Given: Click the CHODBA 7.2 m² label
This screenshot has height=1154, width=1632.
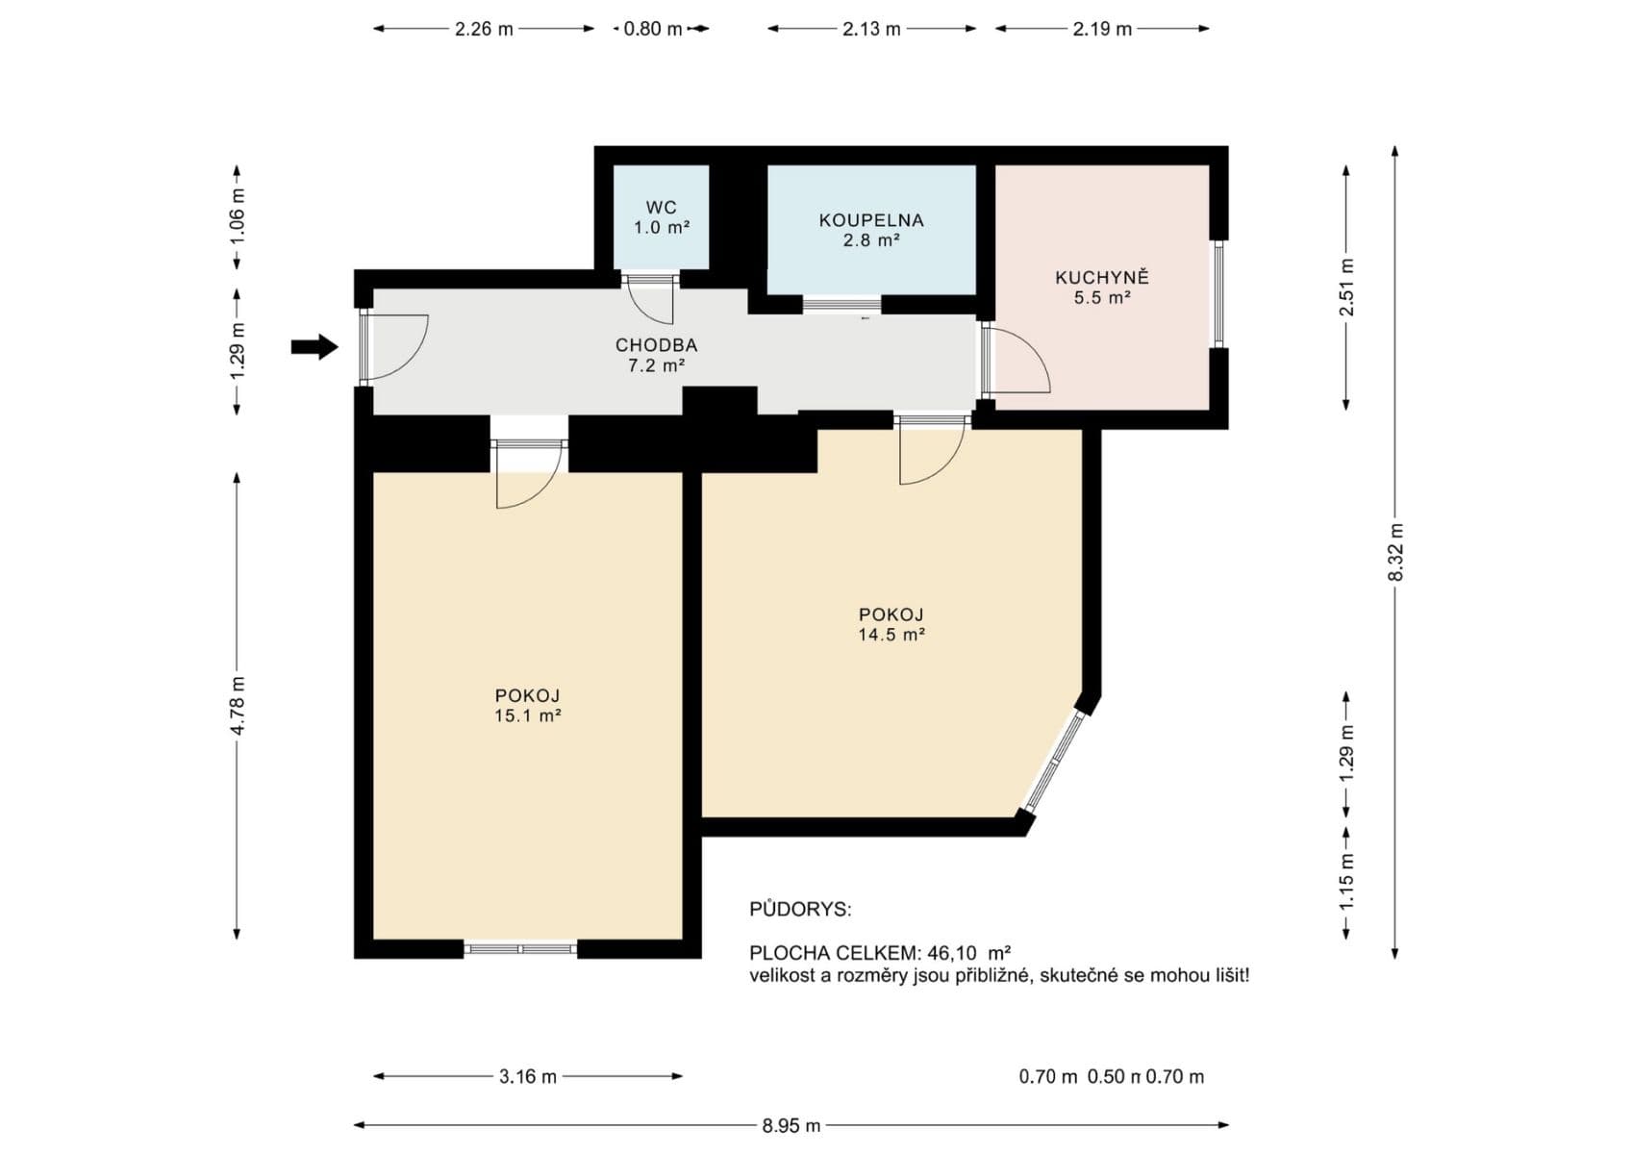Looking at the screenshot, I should [656, 355].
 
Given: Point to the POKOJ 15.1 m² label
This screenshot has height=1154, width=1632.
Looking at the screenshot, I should [527, 705].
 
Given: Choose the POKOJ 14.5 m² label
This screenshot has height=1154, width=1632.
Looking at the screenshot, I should [891, 624].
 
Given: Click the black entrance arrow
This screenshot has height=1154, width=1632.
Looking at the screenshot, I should [314, 346].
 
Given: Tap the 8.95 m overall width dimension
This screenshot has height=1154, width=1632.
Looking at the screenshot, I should [791, 1125].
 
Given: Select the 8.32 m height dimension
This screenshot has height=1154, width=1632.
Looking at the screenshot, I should [1395, 552].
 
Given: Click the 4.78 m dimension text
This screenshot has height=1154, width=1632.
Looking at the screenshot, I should [238, 705].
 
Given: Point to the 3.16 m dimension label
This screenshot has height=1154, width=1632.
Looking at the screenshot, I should [527, 1076].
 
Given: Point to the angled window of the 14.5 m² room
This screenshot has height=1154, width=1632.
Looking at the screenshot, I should [1056, 760].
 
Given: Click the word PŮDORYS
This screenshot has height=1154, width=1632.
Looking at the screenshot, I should [800, 910].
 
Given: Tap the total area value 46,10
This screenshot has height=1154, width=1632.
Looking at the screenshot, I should [951, 953].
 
